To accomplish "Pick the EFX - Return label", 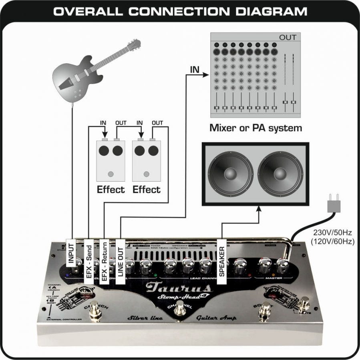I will click(x=104, y=261).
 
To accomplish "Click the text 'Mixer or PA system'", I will click(x=256, y=128).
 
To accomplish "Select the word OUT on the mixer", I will click(x=288, y=38).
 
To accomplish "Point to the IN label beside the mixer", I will click(x=195, y=70).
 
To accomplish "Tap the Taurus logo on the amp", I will click(x=178, y=287).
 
